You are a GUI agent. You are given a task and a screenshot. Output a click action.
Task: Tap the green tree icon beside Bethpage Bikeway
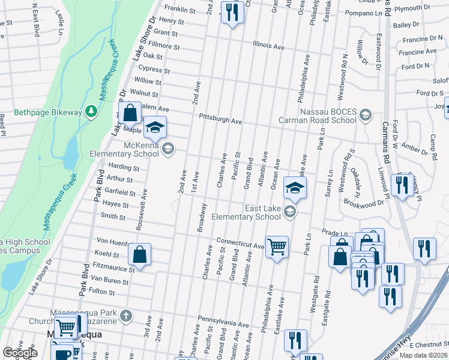pyautogui.click(x=91, y=111)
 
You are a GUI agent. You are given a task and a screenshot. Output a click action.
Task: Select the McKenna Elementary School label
pyautogui.click(x=133, y=148)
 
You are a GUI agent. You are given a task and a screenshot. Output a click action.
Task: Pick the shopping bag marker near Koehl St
pyautogui.click(x=139, y=254)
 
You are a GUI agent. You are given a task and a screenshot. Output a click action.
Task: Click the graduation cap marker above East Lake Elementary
pyautogui.click(x=295, y=188)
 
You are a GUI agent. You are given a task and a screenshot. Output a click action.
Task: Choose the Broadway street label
pyautogui.click(x=202, y=217)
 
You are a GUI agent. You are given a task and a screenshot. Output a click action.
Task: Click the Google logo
pyautogui.click(x=20, y=353)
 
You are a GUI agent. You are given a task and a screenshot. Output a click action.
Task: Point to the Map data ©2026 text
pyautogui.click(x=423, y=355)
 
